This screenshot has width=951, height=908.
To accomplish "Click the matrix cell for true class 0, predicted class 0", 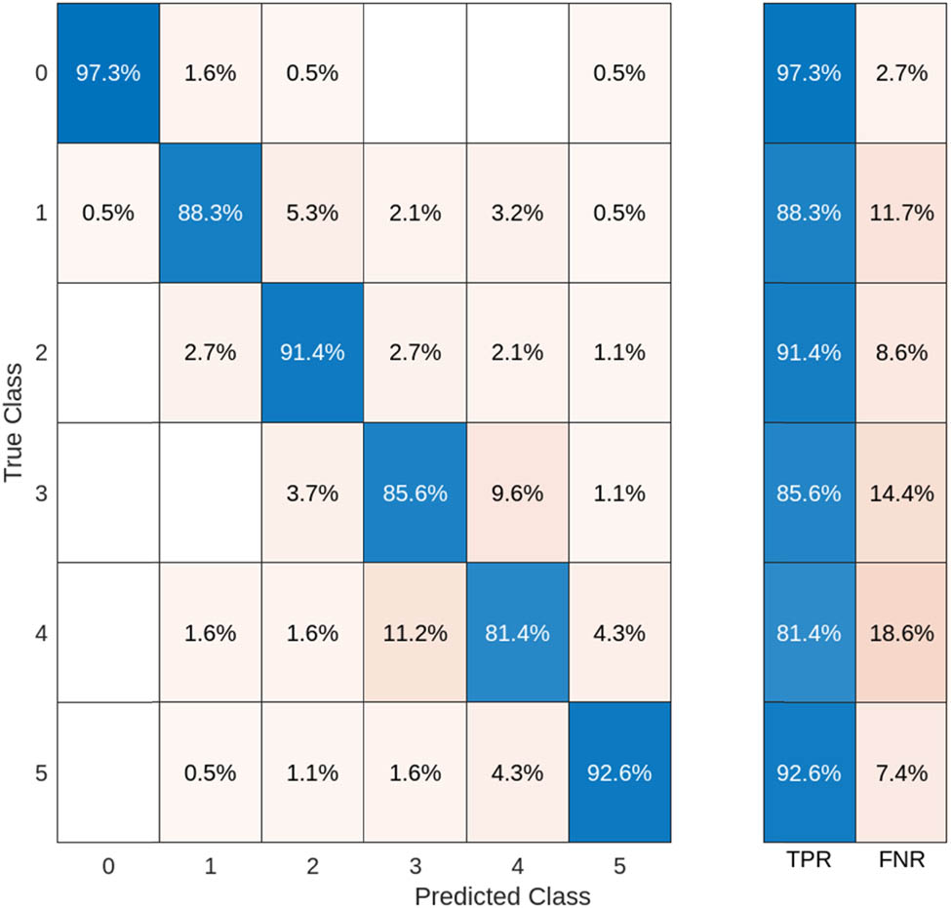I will coord(108,74).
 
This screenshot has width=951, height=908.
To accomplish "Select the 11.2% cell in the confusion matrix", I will coord(415,633).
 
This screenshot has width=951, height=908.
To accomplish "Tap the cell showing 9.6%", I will coord(517,493).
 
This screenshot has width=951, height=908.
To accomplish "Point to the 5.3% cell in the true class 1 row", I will coord(312,214).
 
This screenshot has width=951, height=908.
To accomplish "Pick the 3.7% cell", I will coord(312,493).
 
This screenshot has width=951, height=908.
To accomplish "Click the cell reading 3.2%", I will coord(517,214).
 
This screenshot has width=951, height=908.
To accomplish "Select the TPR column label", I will coord(809,862).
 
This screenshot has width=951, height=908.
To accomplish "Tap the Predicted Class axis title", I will coord(501,894).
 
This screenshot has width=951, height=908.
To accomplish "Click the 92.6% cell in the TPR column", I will coord(809,773).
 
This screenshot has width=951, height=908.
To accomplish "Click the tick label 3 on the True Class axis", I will coord(40,493).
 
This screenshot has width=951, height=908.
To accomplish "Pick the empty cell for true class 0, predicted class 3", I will coord(415,74).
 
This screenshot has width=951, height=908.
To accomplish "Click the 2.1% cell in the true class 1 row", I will coord(415,214).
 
